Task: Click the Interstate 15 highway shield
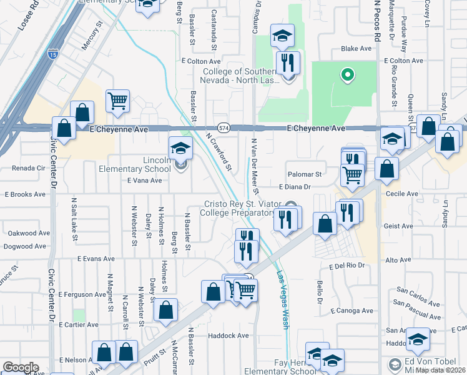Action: tap(54, 54)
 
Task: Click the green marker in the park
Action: tap(347, 76)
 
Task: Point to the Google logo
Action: tap(21, 367)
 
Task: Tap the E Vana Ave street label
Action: tap(144, 181)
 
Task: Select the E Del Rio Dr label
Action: tap(347, 266)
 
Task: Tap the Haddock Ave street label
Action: tap(229, 336)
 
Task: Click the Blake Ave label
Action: tap(356, 49)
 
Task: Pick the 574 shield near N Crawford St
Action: tap(224, 127)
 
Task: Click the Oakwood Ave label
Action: tap(29, 233)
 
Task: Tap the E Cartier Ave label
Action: tap(78, 325)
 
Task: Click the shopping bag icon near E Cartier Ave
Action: tap(165, 311)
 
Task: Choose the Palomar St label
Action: tap(304, 174)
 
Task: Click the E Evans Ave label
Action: tap(96, 258)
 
